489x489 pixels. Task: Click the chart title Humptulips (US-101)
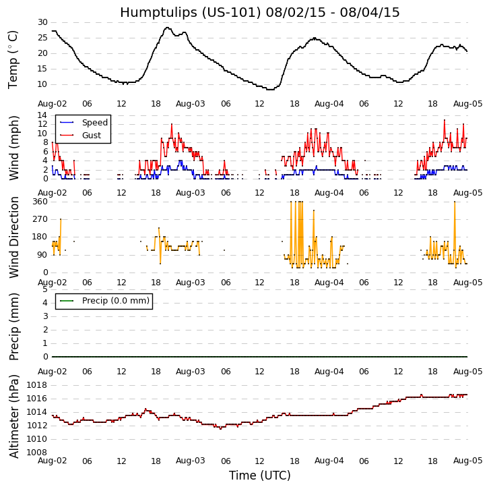click(x=259, y=12)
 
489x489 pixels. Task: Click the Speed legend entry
click(x=94, y=123)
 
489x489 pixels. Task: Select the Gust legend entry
click(x=92, y=136)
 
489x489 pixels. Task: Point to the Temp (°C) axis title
click(x=13, y=59)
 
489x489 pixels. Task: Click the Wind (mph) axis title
click(x=14, y=147)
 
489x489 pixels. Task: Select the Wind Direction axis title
click(x=14, y=237)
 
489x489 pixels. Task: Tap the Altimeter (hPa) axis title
click(x=14, y=415)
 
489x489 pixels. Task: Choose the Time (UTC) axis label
click(x=259, y=476)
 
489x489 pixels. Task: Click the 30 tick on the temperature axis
click(x=42, y=22)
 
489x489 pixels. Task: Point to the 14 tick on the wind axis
click(x=42, y=115)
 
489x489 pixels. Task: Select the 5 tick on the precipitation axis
click(x=44, y=289)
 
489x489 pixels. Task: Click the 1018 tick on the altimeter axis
click(x=36, y=385)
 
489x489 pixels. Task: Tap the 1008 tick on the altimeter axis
click(x=36, y=452)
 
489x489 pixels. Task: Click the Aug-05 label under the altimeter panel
click(x=467, y=461)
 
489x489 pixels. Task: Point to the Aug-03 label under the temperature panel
click(x=191, y=103)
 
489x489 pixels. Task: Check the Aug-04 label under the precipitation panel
click(x=329, y=372)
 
